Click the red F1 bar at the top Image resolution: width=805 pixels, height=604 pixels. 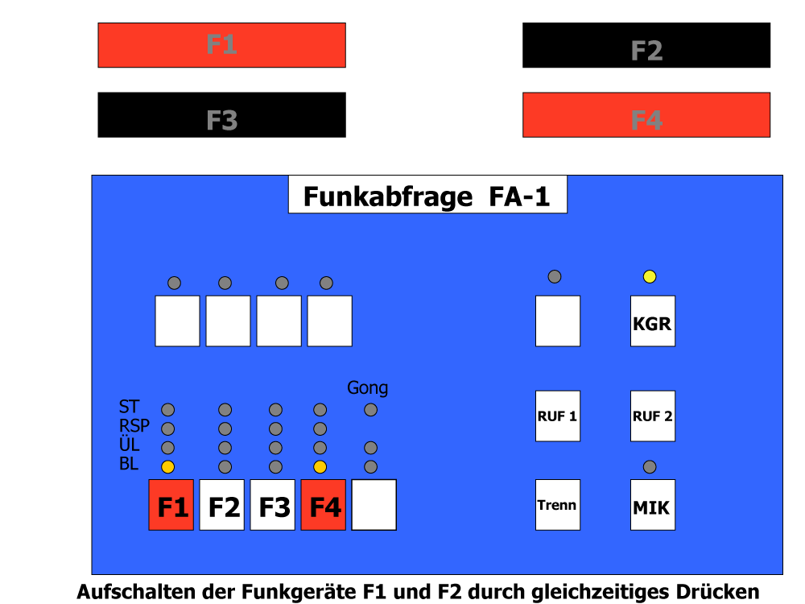click(222, 45)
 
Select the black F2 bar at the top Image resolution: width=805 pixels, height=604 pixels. click(646, 45)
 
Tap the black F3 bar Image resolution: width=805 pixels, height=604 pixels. click(222, 115)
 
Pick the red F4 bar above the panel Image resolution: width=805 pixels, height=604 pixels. click(646, 115)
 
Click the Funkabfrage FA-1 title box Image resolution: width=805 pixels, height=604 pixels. click(427, 194)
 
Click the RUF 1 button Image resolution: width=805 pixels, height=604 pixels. click(558, 416)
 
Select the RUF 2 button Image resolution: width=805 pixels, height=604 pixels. click(653, 416)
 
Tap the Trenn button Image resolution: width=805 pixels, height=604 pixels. click(558, 505)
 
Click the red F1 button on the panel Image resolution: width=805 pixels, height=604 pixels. click(171, 505)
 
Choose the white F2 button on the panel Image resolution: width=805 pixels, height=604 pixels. click(222, 505)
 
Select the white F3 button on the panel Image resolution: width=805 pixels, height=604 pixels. click(273, 505)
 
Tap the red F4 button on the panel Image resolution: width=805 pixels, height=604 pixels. click(323, 505)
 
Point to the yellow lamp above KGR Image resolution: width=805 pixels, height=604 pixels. click(650, 277)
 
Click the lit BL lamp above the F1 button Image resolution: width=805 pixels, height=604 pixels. click(168, 467)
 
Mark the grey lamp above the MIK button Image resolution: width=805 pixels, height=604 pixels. click(650, 467)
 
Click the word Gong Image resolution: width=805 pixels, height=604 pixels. click(368, 388)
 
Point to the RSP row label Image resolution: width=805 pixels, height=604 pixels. click(134, 426)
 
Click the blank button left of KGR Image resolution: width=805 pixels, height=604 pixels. click(558, 321)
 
